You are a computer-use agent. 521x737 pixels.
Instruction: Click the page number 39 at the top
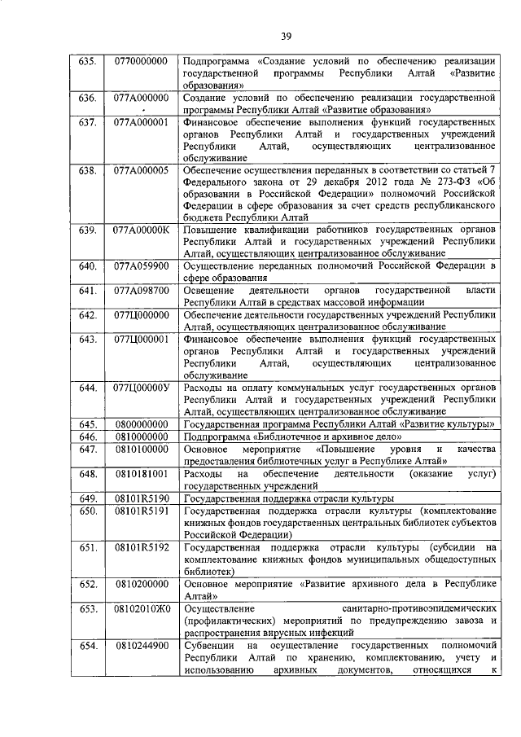[x=287, y=35]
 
